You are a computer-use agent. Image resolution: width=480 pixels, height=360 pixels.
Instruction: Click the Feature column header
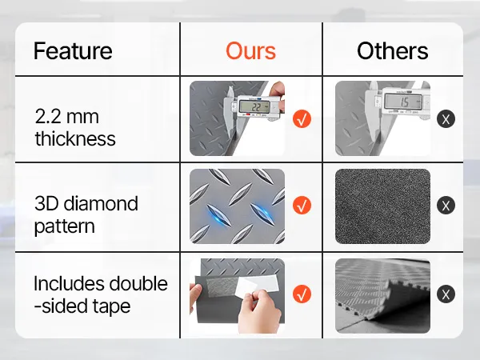click(73, 51)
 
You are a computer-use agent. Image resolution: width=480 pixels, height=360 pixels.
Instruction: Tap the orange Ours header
click(250, 51)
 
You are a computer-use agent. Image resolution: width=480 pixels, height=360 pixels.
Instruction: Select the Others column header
click(393, 51)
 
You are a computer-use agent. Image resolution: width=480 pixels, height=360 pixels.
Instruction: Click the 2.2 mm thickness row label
click(75, 128)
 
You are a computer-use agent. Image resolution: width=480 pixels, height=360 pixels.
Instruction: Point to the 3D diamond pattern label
click(86, 215)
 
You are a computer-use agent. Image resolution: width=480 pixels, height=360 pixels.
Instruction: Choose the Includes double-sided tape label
click(101, 294)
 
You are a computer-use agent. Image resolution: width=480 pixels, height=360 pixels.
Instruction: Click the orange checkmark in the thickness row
click(302, 119)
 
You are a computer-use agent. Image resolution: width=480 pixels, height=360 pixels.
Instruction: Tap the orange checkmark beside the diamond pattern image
click(302, 205)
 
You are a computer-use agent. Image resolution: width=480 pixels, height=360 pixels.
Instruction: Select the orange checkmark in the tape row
click(302, 294)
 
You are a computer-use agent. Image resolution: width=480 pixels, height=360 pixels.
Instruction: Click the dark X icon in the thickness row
click(446, 119)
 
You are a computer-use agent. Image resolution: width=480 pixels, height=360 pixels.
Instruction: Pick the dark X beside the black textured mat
click(446, 205)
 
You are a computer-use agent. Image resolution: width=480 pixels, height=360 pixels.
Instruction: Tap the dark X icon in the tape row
click(446, 294)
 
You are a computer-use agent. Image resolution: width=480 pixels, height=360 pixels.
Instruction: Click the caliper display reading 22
click(254, 106)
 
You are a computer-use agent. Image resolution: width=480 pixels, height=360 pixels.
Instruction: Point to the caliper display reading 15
click(403, 102)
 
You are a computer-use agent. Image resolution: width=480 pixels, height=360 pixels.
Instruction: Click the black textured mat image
click(382, 206)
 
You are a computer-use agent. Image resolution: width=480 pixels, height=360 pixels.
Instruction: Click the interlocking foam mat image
click(382, 296)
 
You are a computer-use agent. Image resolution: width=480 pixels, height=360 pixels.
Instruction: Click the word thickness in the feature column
click(75, 138)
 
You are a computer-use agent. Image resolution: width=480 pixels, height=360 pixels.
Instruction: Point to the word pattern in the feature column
click(64, 227)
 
